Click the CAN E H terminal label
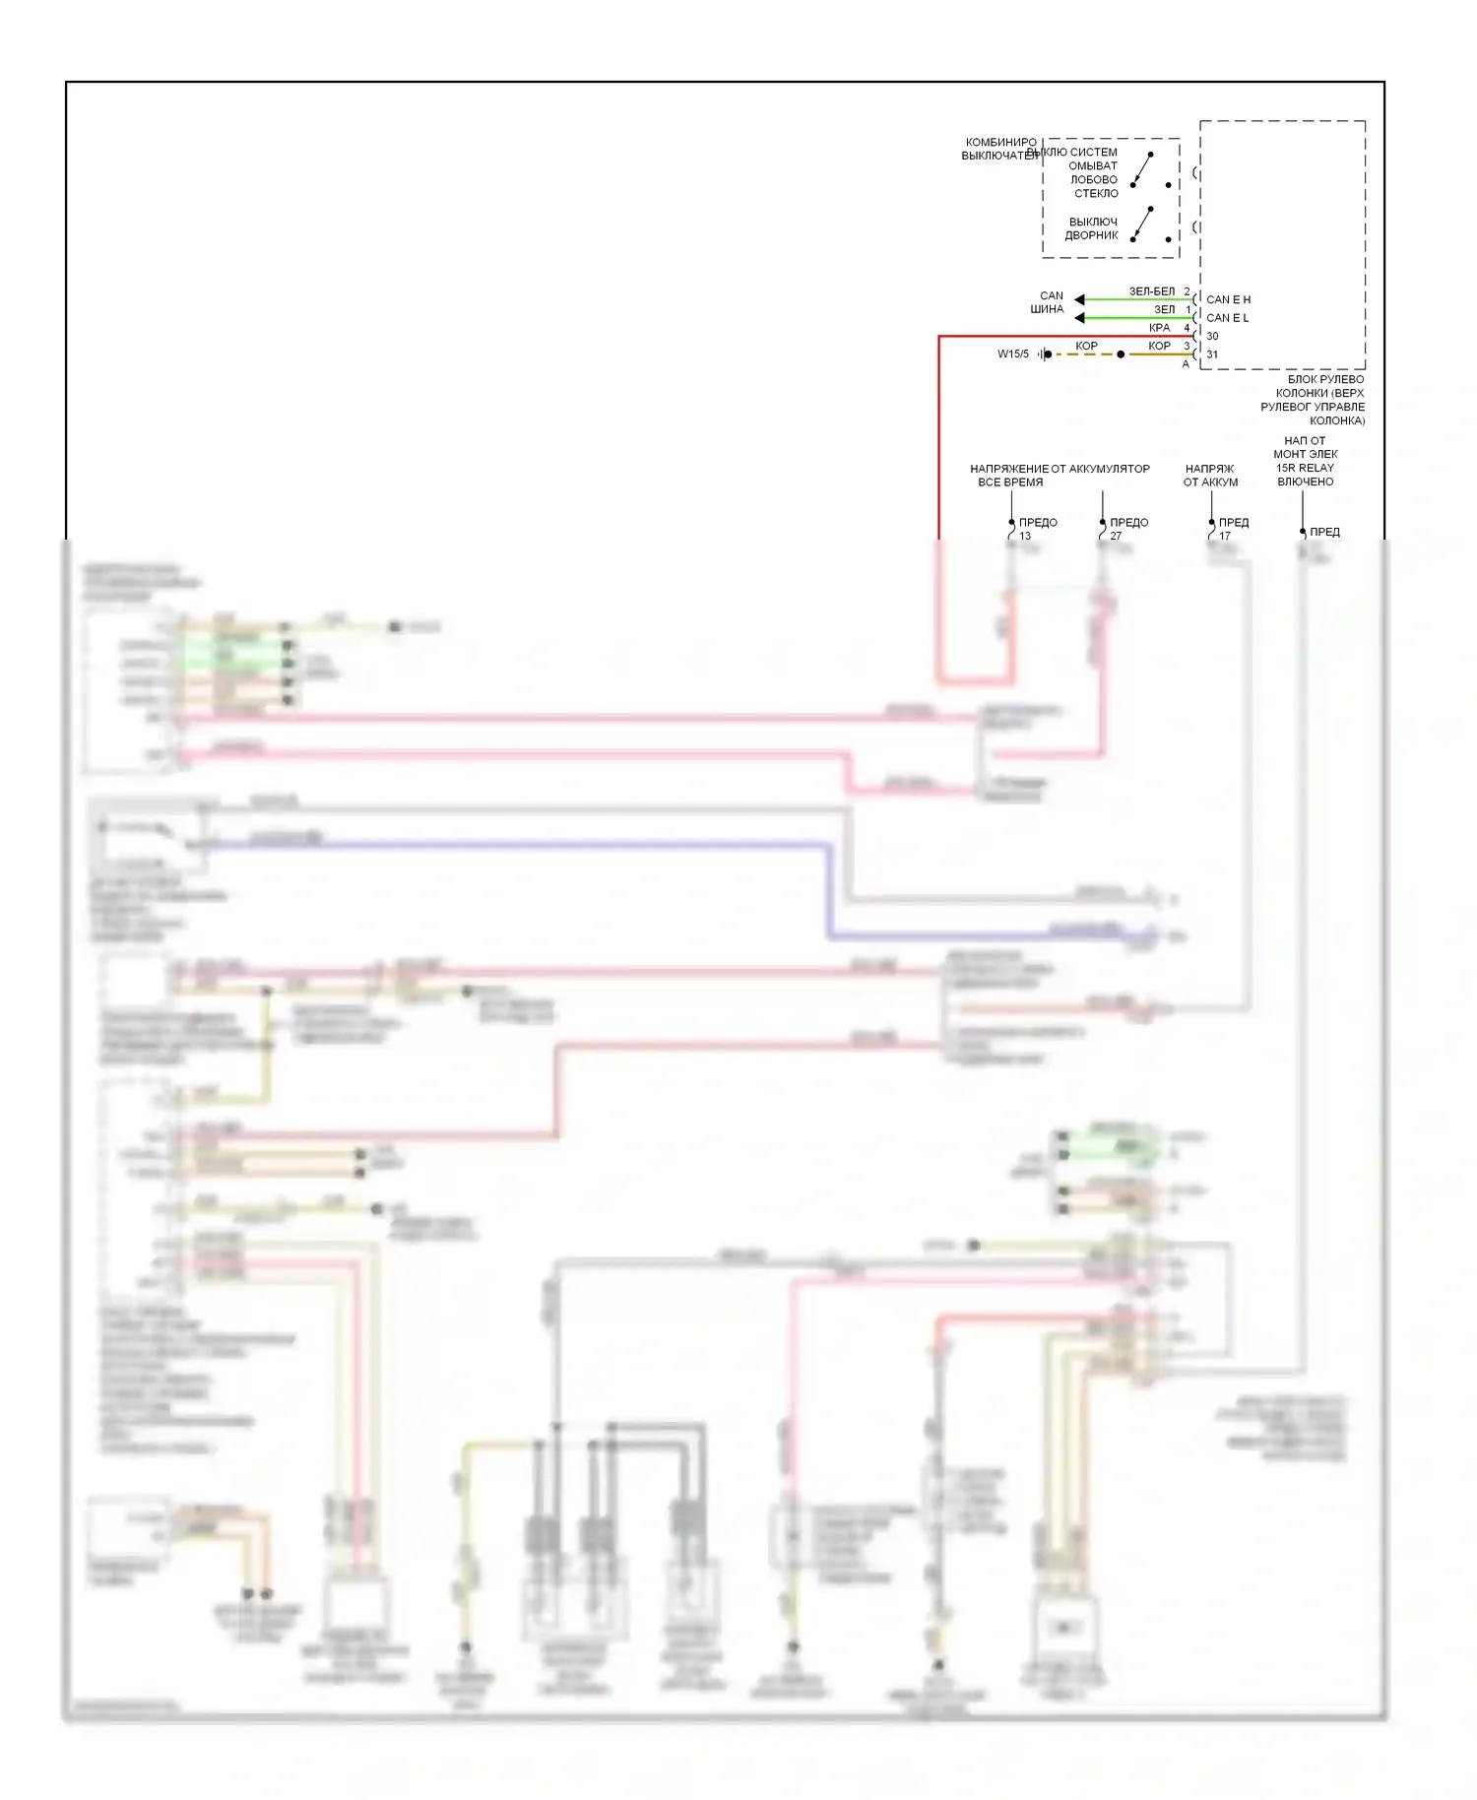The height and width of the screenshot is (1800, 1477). pos(1228,299)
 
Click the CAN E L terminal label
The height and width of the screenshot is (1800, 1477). pos(1227,318)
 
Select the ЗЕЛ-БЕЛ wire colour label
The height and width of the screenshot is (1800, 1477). pos(1151,291)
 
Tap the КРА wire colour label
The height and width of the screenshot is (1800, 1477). pos(1159,328)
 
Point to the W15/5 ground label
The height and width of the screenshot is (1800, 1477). pos(1012,354)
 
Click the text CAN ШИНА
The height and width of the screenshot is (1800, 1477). pos(1049,302)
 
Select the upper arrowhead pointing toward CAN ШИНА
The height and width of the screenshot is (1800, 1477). pos(1079,299)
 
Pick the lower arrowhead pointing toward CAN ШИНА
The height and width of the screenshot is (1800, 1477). pos(1079,318)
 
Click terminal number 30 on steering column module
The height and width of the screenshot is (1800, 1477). pos(1212,337)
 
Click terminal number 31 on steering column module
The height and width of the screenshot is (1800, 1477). pos(1212,354)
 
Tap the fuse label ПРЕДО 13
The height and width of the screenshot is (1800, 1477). pos(1037,529)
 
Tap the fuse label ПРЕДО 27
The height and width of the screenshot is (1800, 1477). pos(1127,529)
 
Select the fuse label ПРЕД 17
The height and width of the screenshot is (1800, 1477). pos(1233,529)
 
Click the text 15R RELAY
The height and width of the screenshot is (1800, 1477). pos(1305,468)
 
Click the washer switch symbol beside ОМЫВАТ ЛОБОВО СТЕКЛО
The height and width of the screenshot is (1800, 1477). pos(1143,170)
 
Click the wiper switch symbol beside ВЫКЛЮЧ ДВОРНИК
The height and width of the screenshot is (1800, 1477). pos(1143,225)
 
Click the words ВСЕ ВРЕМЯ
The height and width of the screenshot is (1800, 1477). pos(1009,482)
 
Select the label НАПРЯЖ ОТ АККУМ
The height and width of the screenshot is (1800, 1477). pos(1210,476)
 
